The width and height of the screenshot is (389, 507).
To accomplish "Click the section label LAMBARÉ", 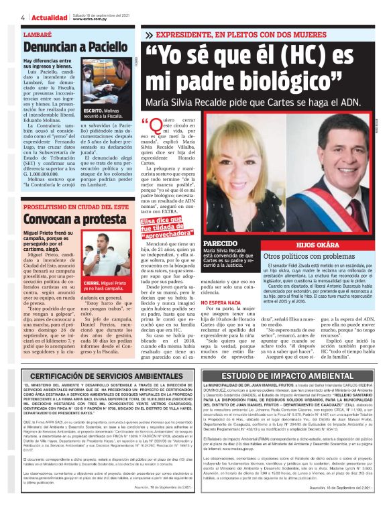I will pyautogui.click(x=37, y=32).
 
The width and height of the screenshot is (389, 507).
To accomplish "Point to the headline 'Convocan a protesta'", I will pyautogui.click(x=65, y=220).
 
